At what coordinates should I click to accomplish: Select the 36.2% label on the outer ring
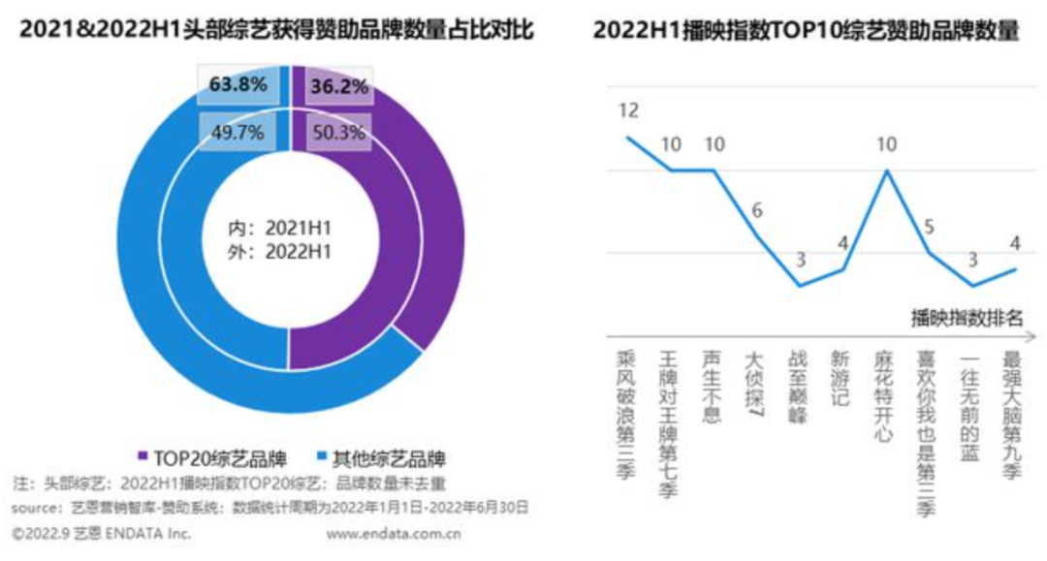(x=338, y=87)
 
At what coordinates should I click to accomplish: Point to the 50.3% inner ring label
(x=338, y=133)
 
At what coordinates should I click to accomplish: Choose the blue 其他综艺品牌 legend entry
(x=382, y=456)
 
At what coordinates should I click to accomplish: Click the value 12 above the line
(x=628, y=110)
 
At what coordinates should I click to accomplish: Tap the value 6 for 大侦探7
(x=758, y=209)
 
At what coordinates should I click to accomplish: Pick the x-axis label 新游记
(x=840, y=378)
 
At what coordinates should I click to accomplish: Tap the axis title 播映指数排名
(x=967, y=316)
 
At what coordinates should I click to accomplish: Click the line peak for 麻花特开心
(x=885, y=171)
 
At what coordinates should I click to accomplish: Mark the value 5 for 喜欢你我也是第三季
(x=928, y=228)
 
